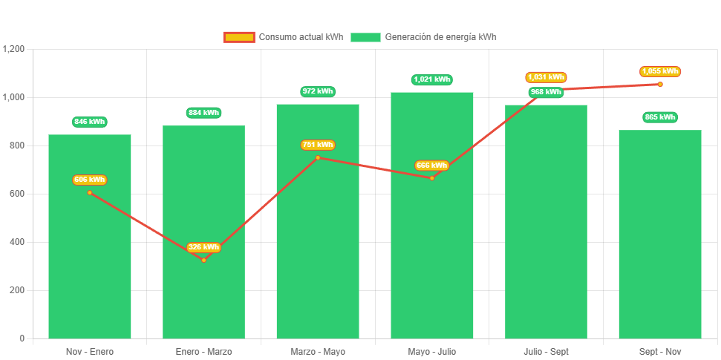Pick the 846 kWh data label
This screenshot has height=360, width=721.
click(90, 122)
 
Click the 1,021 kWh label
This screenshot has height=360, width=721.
click(432, 79)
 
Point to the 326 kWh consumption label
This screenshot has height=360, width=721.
click(203, 247)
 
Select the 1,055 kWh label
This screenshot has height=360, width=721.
click(660, 71)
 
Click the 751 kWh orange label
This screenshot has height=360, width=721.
click(318, 145)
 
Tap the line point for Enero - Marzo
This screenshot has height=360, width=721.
click(203, 260)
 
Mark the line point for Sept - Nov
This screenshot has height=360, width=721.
click(660, 84)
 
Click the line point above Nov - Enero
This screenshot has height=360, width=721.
click(90, 192)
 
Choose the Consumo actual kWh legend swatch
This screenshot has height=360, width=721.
click(239, 37)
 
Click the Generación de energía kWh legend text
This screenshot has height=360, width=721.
click(441, 37)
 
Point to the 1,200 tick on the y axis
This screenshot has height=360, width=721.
click(14, 49)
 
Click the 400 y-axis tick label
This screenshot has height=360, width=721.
click(16, 242)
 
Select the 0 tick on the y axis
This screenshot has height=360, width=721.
click(22, 338)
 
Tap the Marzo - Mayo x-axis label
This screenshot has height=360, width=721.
click(318, 351)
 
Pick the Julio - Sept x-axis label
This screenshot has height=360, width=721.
click(546, 351)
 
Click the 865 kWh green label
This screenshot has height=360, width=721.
click(660, 117)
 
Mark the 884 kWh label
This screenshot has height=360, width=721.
click(203, 113)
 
